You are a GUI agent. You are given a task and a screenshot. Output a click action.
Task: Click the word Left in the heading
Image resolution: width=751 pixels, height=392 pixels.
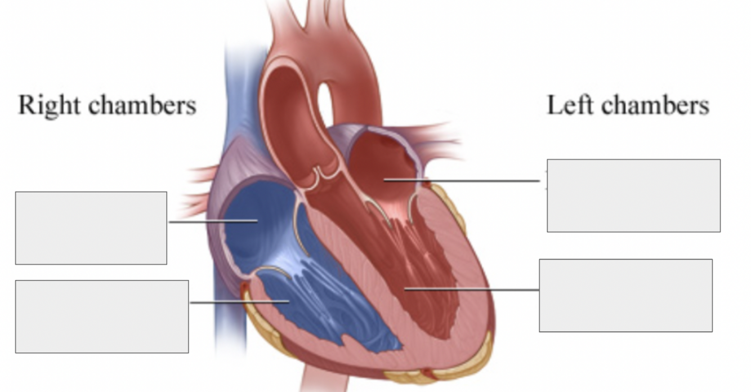[x=570, y=105]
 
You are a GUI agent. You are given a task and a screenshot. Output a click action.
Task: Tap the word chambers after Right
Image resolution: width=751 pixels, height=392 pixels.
[x=142, y=105]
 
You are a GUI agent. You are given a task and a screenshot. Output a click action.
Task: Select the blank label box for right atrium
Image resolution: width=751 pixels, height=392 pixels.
[x=91, y=228]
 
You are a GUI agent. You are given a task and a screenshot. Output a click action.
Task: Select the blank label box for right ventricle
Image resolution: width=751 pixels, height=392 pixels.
[x=102, y=317]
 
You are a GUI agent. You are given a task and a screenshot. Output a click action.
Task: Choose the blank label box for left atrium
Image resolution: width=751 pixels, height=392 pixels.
[x=634, y=195]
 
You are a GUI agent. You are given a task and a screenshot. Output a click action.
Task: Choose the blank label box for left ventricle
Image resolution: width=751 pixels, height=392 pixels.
[x=625, y=296]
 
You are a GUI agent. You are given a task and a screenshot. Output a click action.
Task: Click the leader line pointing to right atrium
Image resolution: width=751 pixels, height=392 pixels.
[x=213, y=221]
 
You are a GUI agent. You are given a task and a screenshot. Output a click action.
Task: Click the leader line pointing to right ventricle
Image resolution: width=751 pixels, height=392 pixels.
[x=240, y=302]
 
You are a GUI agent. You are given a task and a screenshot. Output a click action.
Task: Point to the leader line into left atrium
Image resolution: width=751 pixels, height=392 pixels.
[x=462, y=180]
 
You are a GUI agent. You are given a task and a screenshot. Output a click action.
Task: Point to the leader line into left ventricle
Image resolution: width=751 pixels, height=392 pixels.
[x=471, y=289]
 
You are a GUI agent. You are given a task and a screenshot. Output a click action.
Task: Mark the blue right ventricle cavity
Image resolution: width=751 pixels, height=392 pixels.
[x=322, y=302]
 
